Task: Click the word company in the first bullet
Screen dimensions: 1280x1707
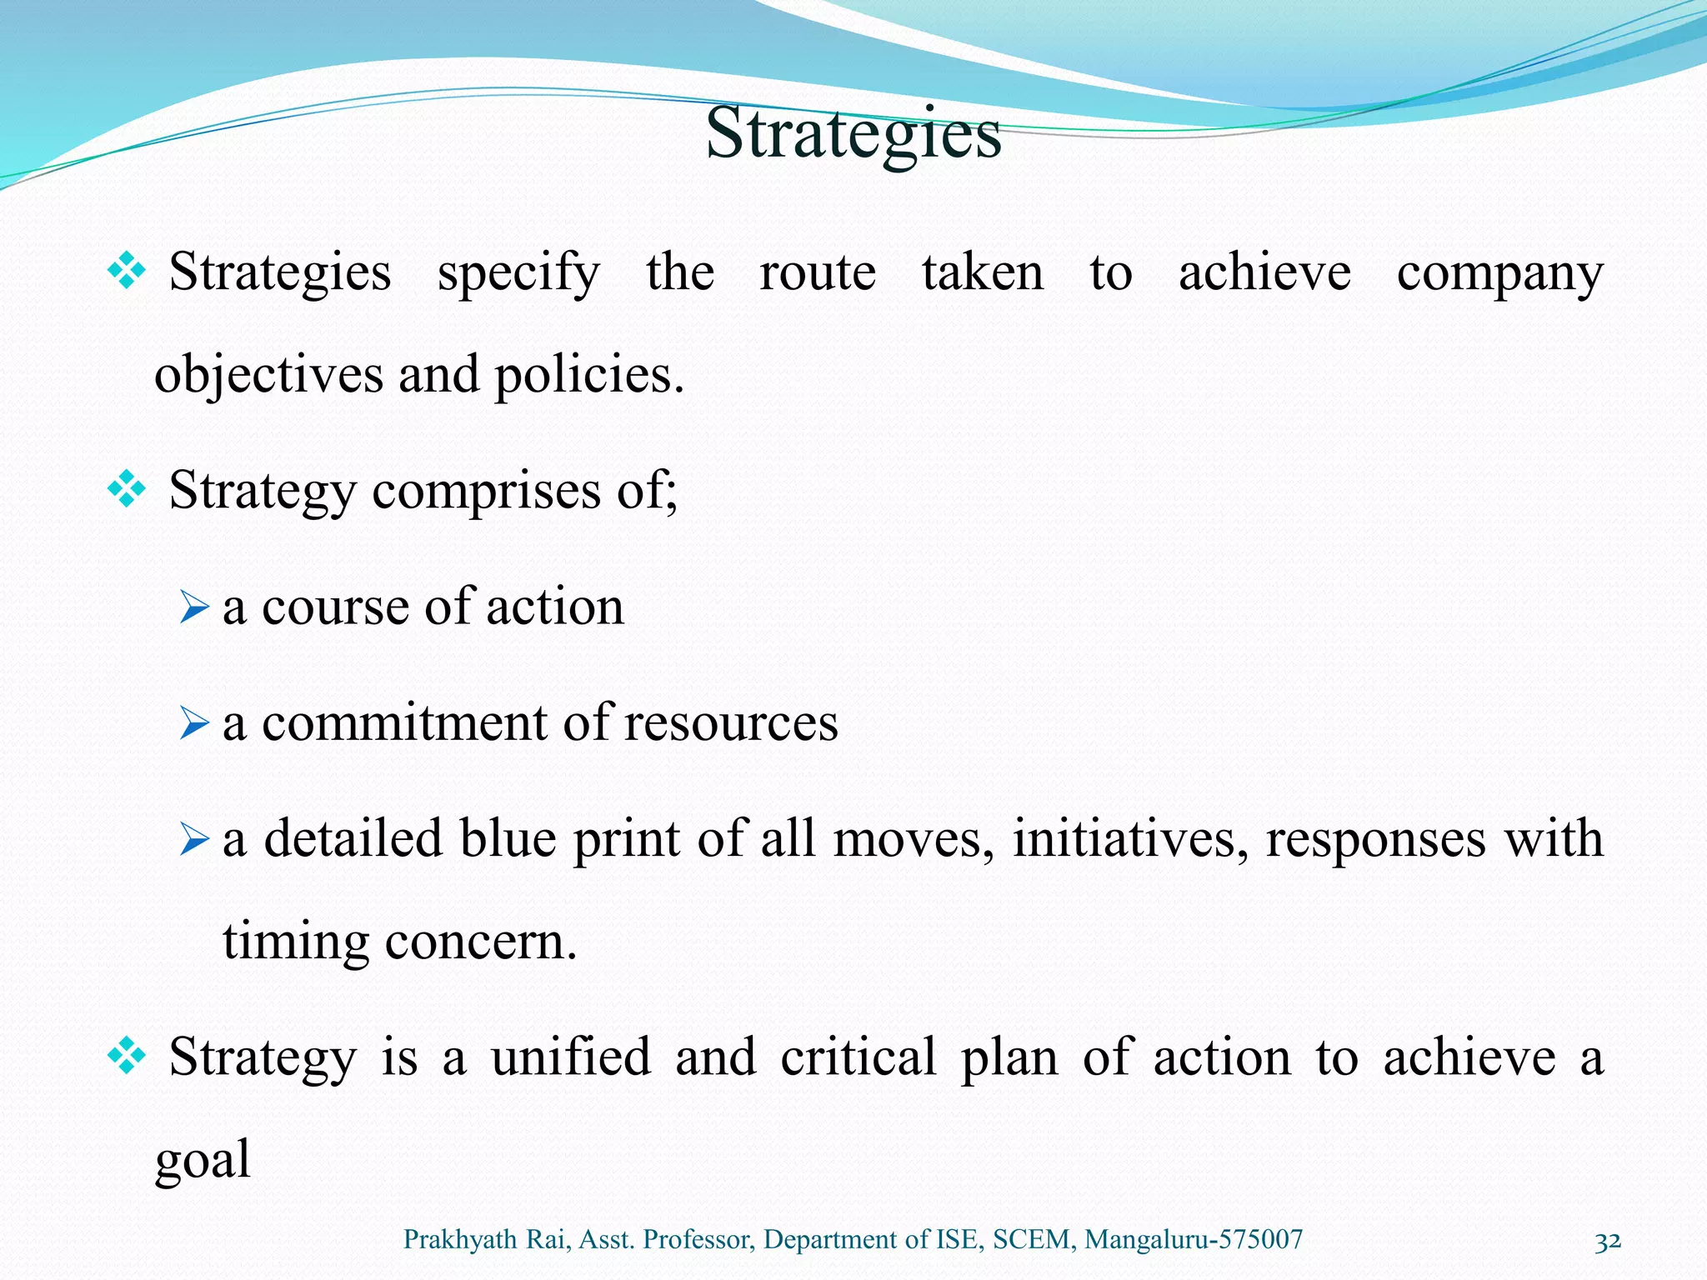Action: (x=1499, y=273)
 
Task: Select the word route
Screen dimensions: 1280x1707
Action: (x=817, y=273)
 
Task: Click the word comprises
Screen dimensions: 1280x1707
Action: (x=486, y=491)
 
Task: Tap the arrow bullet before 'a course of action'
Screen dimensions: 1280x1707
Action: (x=193, y=607)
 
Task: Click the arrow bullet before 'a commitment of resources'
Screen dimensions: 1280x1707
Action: (x=193, y=723)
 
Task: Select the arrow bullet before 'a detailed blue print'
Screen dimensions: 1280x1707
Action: (x=193, y=840)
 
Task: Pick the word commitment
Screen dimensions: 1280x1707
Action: (x=403, y=722)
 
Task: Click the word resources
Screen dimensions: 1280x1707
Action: (x=730, y=722)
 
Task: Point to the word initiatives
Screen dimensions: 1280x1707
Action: (x=1130, y=839)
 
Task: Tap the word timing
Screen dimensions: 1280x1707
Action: (x=295, y=942)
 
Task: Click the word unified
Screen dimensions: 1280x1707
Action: (x=570, y=1057)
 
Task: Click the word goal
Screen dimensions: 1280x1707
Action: (x=203, y=1160)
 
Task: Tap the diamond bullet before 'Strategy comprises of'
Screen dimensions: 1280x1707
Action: (x=127, y=489)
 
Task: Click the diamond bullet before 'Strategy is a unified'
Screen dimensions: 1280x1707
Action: (x=127, y=1057)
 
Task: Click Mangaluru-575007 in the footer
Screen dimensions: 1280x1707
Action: (x=1193, y=1240)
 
